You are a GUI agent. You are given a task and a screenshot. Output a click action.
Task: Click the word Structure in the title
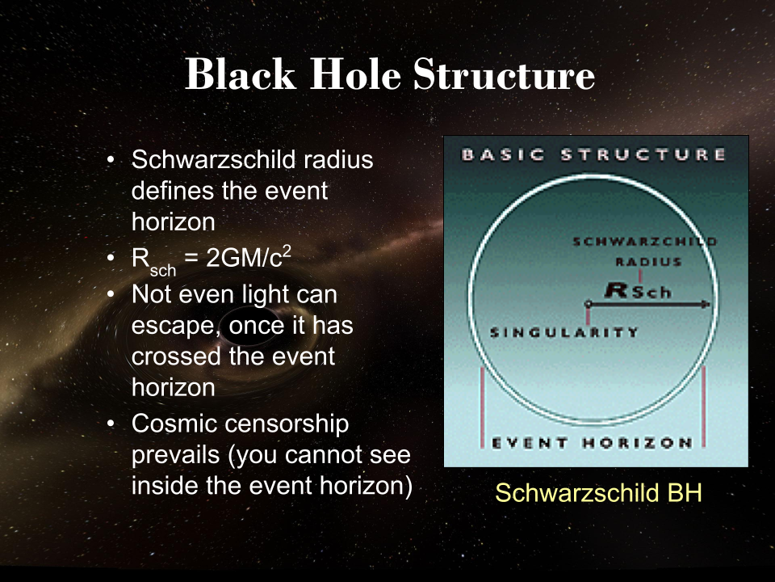tap(505, 75)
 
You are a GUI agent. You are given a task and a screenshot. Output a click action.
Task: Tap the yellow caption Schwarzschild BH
tap(598, 493)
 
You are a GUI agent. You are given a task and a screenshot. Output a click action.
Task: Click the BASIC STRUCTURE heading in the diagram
tap(593, 154)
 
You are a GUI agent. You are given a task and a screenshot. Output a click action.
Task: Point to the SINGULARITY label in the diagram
tap(565, 332)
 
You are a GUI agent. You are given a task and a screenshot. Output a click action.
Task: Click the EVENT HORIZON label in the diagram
tap(593, 443)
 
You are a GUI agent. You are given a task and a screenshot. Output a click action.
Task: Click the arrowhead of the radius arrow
tap(707, 305)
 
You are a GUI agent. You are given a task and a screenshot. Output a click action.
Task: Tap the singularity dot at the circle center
tap(589, 305)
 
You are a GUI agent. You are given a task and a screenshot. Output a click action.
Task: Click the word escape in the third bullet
tap(168, 328)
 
